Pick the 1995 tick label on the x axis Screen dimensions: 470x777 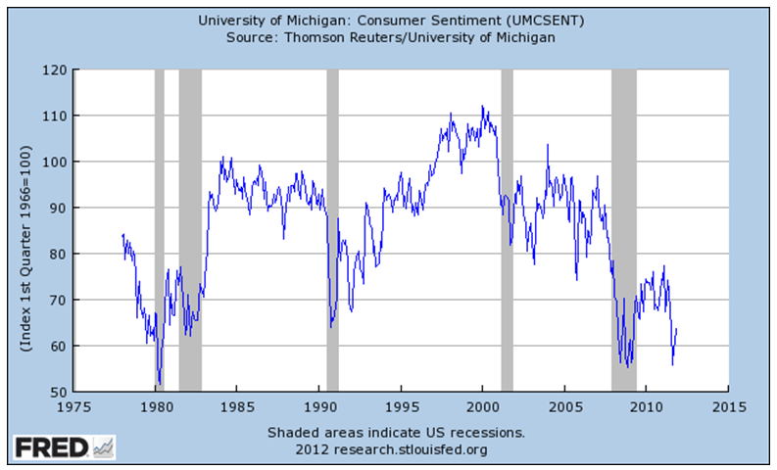[402, 405]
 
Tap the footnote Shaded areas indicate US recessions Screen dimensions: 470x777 [397, 432]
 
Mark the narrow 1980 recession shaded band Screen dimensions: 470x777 [160, 230]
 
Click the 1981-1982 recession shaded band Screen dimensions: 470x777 [190, 230]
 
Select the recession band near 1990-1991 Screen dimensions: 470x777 [332, 230]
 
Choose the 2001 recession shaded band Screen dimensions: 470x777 [507, 230]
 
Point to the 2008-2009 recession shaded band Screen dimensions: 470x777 [623, 230]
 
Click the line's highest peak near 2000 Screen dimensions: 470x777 [482, 106]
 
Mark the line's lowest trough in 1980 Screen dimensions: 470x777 [159, 385]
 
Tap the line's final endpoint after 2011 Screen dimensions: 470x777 [677, 329]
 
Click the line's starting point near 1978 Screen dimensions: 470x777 [122, 234]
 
